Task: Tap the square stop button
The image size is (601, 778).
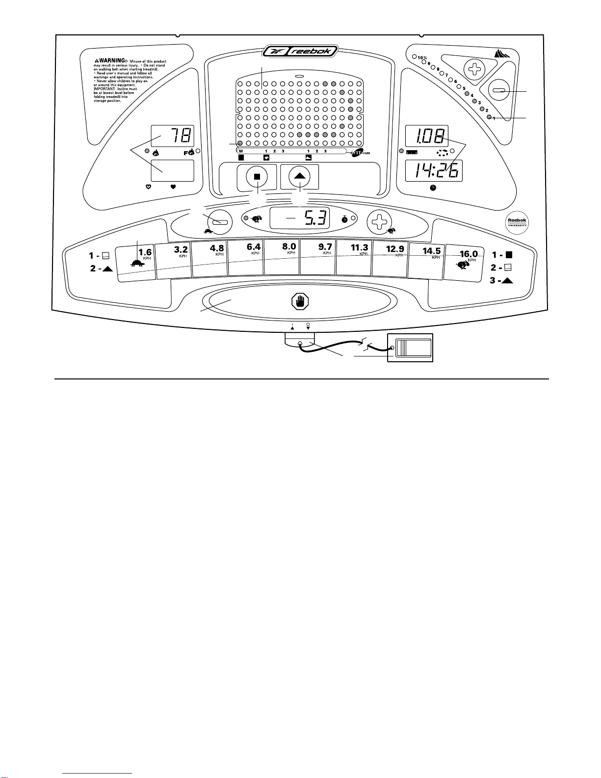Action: (x=257, y=177)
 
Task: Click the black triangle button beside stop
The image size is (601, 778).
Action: (x=299, y=177)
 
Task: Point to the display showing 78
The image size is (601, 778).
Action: (x=172, y=135)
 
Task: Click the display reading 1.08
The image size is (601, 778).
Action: (x=426, y=136)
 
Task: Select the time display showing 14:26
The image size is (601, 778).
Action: (x=433, y=170)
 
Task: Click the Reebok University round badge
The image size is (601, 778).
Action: (x=517, y=223)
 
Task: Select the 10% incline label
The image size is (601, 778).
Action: (x=422, y=58)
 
